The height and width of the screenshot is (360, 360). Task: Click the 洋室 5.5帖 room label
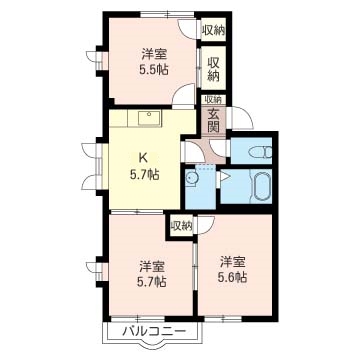point(154,62)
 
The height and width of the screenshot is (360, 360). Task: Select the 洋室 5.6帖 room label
point(232,269)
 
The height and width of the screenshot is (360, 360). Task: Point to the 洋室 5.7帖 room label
point(152,274)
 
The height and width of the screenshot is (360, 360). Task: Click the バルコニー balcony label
point(154,331)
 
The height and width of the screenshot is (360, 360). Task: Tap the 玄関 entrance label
point(214,120)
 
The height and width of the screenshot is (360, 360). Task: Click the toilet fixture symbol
point(260,152)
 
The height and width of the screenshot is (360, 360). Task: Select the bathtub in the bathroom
point(260,188)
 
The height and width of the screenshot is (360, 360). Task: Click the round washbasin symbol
point(191,178)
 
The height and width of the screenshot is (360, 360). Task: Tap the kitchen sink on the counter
point(149,118)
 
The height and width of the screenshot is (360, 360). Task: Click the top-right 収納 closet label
point(214,31)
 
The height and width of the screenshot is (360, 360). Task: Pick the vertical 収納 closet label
point(214,69)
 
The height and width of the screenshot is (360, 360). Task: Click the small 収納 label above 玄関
point(213,99)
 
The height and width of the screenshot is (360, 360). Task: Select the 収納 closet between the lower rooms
point(181,226)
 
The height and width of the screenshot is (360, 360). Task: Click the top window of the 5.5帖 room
point(167,14)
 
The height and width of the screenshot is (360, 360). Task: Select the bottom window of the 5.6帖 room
point(223,318)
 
